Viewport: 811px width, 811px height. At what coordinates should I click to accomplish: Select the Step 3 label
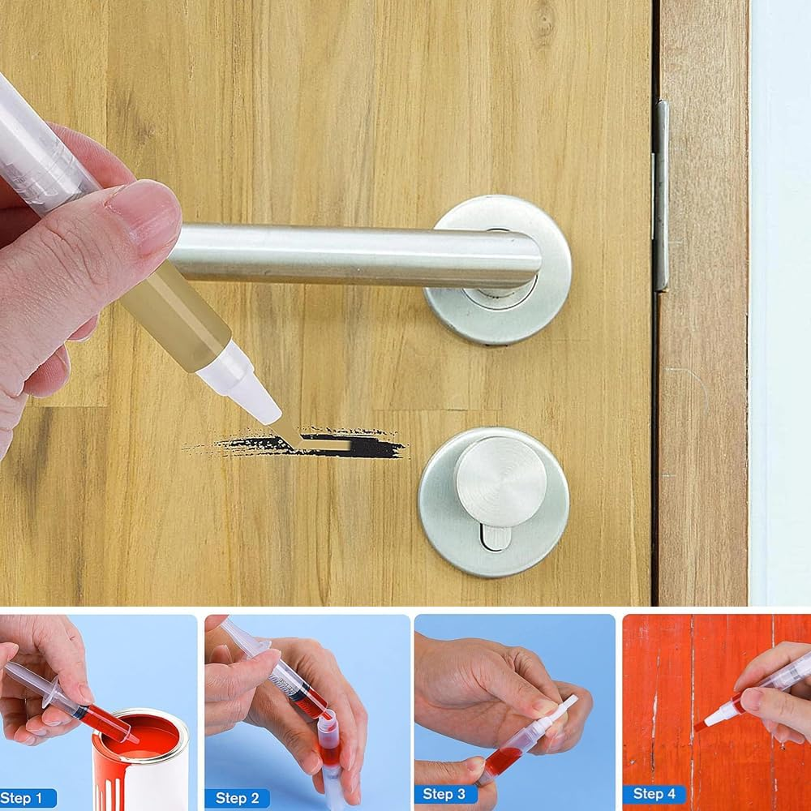click(x=444, y=794)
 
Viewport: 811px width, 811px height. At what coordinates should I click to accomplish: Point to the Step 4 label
click(x=653, y=794)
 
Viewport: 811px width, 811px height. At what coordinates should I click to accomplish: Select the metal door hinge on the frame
click(x=662, y=195)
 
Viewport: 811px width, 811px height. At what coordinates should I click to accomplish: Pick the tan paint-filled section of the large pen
click(x=178, y=316)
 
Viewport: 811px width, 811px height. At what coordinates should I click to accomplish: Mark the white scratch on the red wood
click(x=654, y=714)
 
